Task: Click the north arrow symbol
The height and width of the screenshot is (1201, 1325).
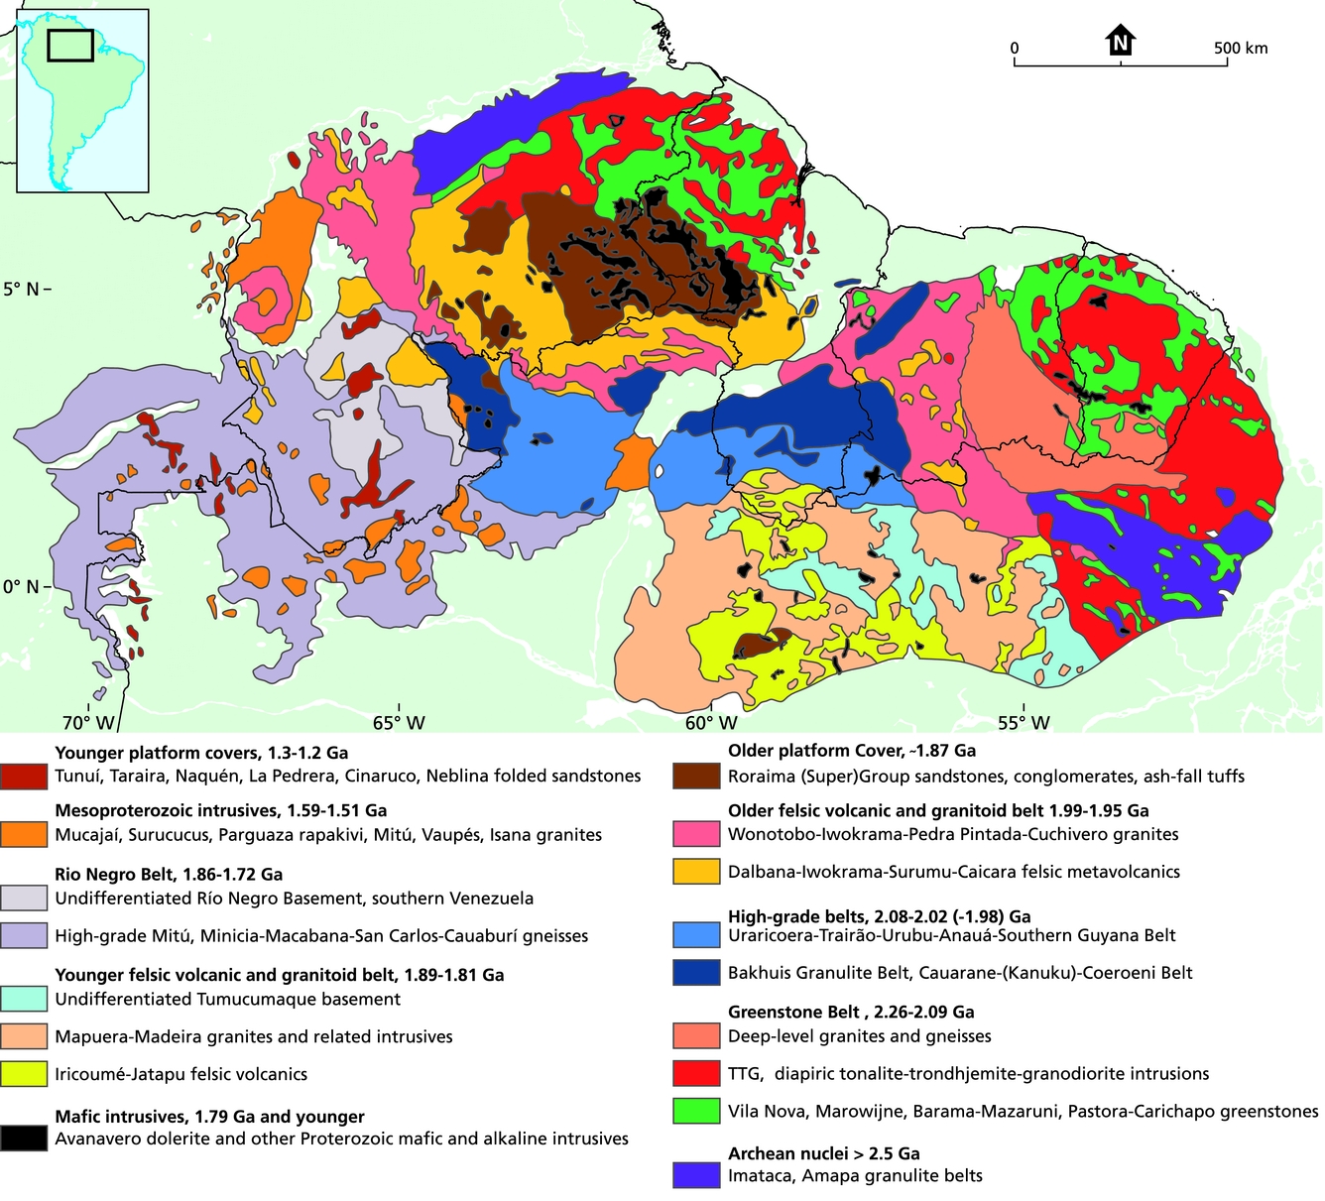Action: pos(1120,41)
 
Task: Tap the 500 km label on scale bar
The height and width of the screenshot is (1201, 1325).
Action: pos(1241,48)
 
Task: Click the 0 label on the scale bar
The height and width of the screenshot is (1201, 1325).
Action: pos(1014,48)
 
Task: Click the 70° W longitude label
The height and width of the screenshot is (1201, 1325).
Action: pos(89,723)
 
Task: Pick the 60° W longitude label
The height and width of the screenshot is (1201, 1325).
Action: pos(711,723)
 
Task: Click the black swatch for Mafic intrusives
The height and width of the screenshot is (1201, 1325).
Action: pos(24,1138)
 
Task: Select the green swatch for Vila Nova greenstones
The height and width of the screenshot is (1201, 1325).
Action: pos(696,1111)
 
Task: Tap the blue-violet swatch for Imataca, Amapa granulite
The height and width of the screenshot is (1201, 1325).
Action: pos(696,1175)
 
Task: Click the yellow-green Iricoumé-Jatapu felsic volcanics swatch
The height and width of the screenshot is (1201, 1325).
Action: pos(24,1074)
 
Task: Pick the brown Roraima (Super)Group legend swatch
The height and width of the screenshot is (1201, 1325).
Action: pos(696,776)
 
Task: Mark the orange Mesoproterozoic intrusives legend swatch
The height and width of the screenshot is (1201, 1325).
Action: pos(24,834)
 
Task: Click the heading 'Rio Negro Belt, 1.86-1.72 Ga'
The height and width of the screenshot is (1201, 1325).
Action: pos(169,875)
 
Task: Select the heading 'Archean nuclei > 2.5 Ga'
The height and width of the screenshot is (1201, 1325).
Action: pos(824,1153)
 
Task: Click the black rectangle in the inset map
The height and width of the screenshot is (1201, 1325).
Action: pos(70,45)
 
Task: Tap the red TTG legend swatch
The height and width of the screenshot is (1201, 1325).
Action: pos(696,1073)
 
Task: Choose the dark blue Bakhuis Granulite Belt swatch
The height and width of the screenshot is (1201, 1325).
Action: pos(696,972)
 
